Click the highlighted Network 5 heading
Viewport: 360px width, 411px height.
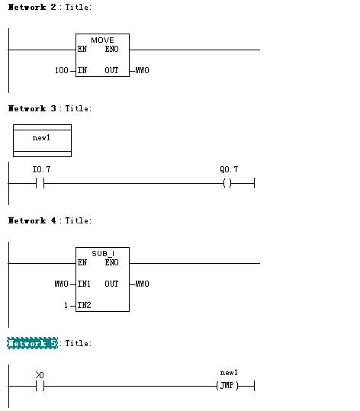(32, 343)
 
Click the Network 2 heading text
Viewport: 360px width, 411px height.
(32, 7)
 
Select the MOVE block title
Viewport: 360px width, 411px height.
(102, 40)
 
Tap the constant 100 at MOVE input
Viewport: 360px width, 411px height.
(61, 70)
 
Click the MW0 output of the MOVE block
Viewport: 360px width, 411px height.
(142, 70)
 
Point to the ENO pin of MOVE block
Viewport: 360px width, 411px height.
(111, 49)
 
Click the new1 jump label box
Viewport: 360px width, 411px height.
(42, 141)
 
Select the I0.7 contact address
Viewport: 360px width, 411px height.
(41, 169)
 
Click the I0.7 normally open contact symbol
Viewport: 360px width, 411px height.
(40, 183)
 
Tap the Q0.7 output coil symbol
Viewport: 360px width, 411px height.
(227, 183)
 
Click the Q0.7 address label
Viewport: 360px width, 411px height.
(229, 169)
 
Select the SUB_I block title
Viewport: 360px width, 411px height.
(103, 254)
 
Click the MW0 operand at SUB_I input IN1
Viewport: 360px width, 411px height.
(61, 284)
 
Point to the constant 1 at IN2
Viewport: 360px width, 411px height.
(66, 305)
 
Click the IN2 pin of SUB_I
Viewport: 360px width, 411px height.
(84, 305)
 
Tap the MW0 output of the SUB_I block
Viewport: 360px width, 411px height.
(142, 284)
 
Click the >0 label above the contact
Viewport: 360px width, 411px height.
(40, 375)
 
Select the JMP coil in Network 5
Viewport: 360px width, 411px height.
(227, 386)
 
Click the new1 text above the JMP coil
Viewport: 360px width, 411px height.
(229, 372)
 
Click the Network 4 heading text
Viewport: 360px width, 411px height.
(32, 220)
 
